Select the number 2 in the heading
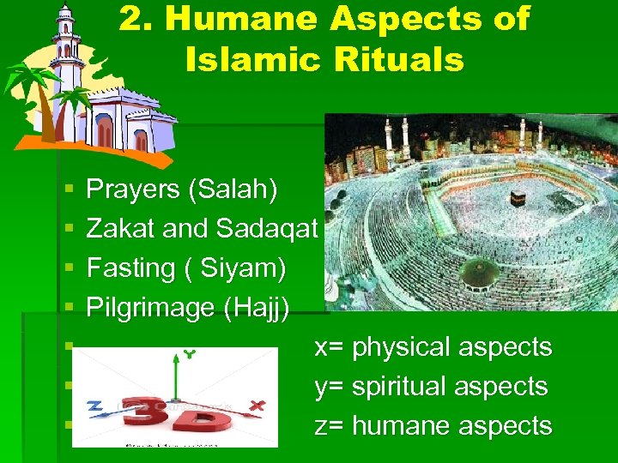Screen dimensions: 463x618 tap(129, 19)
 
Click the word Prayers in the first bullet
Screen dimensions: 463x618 tap(133, 189)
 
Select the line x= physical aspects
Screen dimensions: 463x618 tap(433, 347)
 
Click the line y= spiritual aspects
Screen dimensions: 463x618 tap(431, 387)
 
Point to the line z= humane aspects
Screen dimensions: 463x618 tap(433, 426)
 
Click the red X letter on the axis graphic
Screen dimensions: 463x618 tap(257, 405)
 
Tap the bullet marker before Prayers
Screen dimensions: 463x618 tap(66, 190)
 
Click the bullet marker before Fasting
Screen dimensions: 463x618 tap(66, 269)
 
